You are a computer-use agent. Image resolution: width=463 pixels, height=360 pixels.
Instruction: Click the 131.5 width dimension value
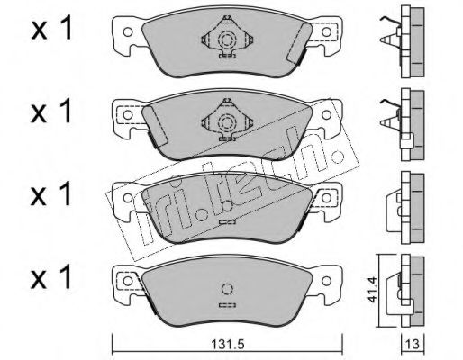227,345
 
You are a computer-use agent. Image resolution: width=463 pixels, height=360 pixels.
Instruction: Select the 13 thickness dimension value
413,345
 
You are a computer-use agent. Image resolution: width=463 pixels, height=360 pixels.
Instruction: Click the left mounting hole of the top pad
128,31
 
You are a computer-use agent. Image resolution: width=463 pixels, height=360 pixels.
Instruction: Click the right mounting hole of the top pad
326,31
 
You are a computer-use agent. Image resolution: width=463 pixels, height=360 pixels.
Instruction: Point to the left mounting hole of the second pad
128,115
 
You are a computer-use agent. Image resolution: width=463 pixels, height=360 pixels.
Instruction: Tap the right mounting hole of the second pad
326,115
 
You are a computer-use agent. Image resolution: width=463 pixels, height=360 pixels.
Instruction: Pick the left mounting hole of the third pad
128,198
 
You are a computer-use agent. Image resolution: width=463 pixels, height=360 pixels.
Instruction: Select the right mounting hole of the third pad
326,198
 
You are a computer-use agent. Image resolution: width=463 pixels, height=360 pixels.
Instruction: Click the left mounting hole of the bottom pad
128,281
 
